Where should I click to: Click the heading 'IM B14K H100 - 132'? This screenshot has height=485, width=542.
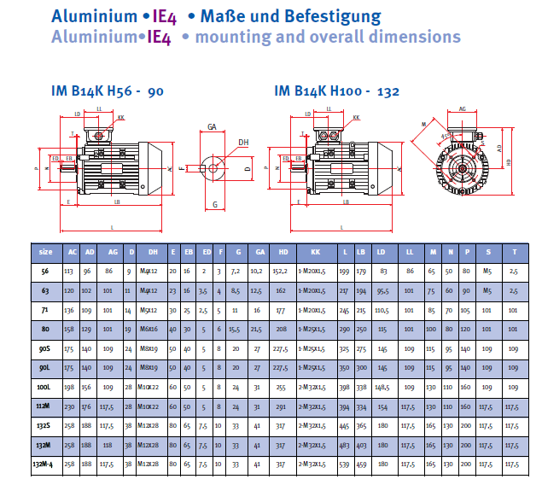coord(336,91)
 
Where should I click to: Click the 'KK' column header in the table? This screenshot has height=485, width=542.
coord(315,252)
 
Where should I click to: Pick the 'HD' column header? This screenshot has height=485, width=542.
coord(282,252)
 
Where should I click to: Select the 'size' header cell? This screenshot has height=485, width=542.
coord(46,252)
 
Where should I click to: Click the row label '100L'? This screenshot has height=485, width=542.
coord(46,386)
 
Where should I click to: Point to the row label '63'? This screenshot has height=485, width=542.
coord(46,290)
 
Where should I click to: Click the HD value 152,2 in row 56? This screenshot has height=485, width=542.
coord(282,271)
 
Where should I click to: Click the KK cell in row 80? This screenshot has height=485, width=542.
coord(315,328)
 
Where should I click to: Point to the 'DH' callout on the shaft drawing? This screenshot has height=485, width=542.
coord(243,143)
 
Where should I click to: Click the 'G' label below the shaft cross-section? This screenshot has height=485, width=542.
coord(214,204)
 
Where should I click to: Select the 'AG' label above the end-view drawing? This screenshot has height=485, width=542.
coord(462,109)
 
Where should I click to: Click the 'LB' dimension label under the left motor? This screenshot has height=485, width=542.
coord(113,202)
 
